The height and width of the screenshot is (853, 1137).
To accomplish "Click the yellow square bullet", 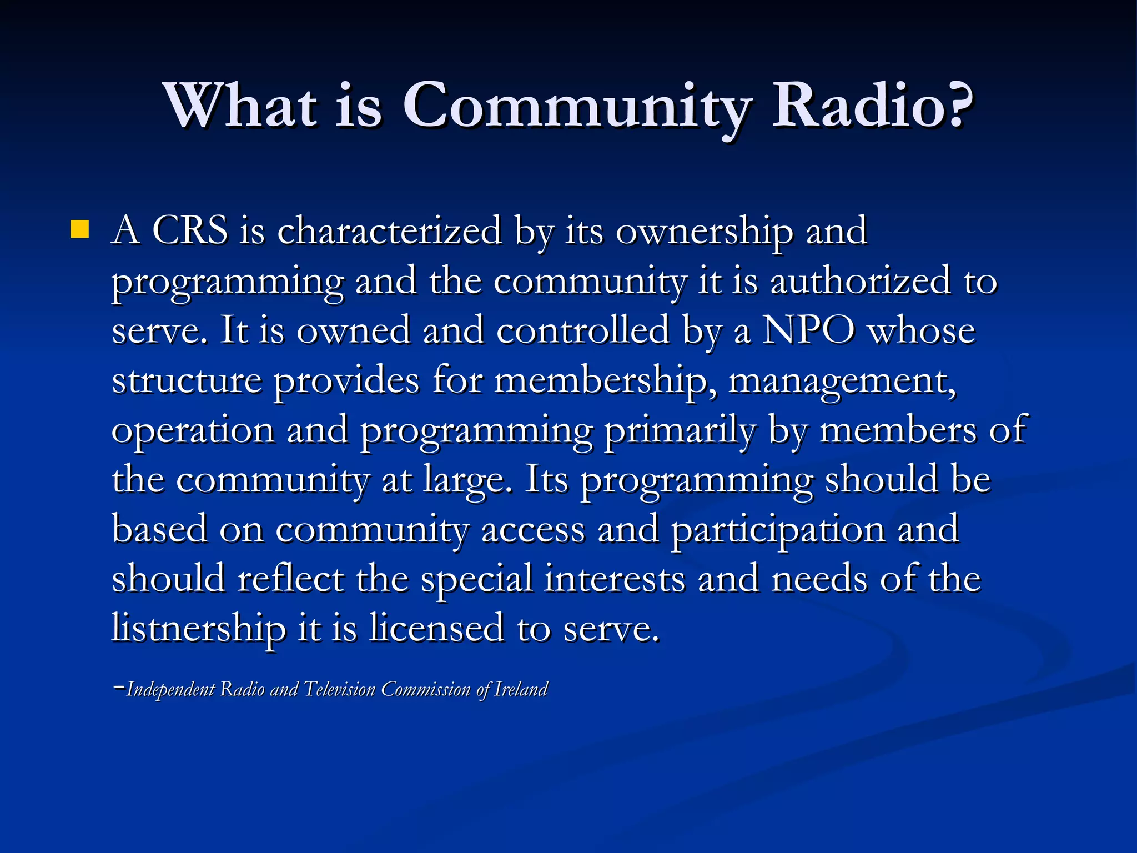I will [80, 230].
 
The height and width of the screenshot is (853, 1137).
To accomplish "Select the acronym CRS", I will [190, 230].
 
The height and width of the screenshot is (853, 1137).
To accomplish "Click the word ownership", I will [704, 231].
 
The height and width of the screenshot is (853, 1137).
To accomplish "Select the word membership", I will [604, 381].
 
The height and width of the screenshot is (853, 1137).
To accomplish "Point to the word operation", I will [193, 431].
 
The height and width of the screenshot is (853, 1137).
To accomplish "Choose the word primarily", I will [680, 431].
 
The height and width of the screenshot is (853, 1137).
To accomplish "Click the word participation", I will [778, 530].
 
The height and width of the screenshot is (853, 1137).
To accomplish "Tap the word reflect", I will [290, 579].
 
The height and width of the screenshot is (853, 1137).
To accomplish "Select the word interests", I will [614, 579].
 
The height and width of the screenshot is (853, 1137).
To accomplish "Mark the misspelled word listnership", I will [198, 629].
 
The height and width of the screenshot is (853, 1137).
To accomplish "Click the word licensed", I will [436, 628].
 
